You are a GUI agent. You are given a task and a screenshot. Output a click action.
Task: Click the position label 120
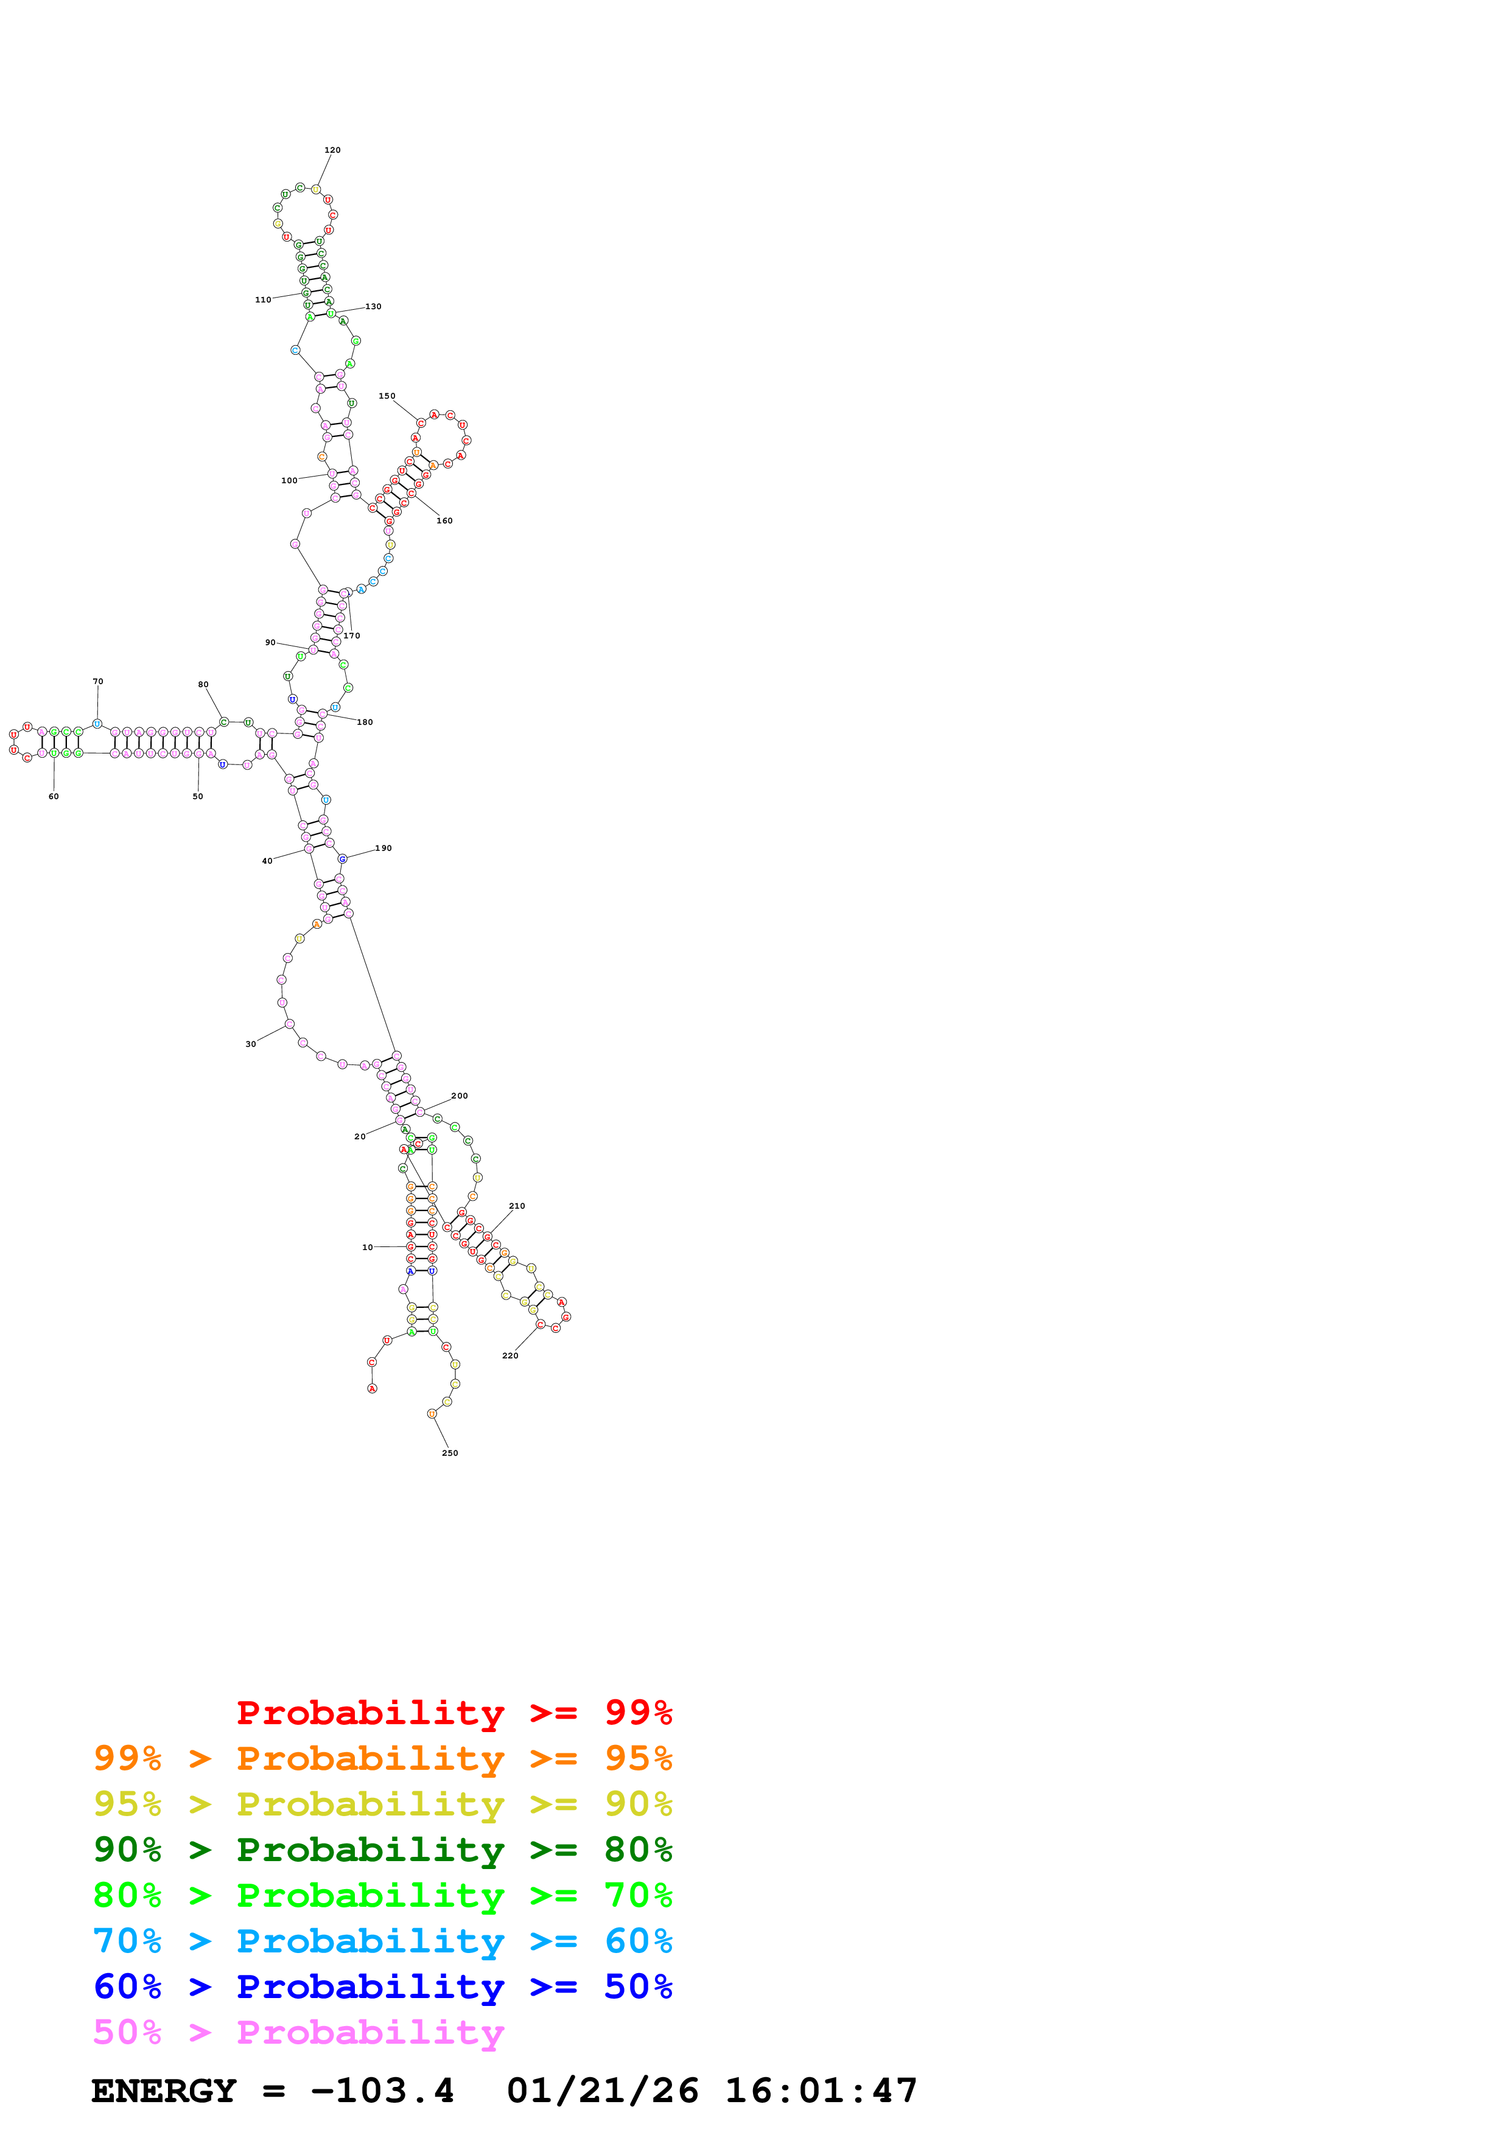coord(332,150)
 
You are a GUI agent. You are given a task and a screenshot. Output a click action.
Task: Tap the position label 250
coord(449,1453)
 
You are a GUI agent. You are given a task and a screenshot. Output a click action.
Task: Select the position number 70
coord(97,682)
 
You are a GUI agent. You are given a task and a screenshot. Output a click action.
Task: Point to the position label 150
coord(387,396)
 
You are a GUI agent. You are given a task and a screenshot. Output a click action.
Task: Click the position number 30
coord(250,1044)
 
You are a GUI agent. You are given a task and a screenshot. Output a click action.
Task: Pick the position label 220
coord(509,1356)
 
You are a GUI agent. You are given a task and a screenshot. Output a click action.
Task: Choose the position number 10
coord(367,1247)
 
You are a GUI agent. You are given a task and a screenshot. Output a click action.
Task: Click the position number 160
coord(444,521)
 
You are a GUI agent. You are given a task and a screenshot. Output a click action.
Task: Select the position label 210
coord(517,1206)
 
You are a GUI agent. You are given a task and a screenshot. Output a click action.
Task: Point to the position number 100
coord(289,481)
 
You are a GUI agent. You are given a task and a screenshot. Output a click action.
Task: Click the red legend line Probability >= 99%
coord(453,1712)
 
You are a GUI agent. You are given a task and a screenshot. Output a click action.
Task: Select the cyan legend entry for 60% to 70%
coord(382,1941)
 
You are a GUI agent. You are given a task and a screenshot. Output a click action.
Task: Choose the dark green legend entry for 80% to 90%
coord(382,1850)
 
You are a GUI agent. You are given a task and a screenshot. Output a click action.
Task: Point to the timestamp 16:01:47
coord(821,2091)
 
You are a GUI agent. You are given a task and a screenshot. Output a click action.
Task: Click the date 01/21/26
coord(603,2091)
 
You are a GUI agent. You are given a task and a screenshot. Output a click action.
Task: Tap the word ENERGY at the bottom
coord(164,2091)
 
